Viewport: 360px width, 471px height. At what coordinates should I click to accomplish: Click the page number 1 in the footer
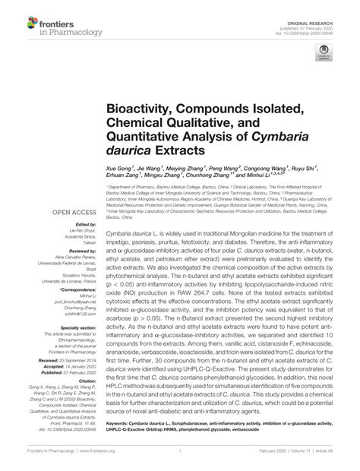tap(178, 460)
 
